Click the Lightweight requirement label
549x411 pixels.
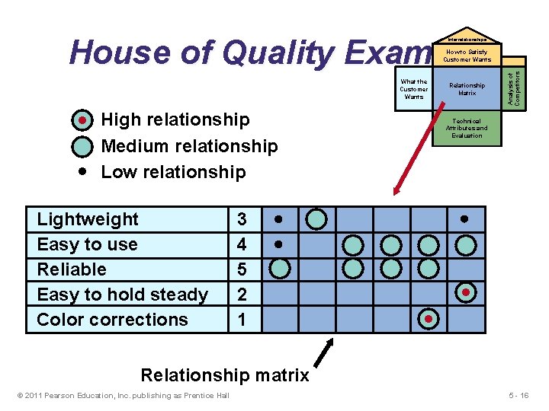88,219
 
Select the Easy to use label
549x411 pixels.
87,244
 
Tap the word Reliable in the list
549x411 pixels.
72,269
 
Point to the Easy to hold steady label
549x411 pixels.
122,295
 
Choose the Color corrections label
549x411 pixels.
112,320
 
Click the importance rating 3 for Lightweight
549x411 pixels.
242,219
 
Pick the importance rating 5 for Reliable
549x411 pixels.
242,269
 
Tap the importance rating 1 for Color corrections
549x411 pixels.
242,320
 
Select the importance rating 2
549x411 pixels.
242,295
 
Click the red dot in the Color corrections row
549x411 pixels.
429,319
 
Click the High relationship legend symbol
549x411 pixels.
83,120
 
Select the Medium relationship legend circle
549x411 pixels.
83,146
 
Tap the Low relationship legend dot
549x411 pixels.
83,171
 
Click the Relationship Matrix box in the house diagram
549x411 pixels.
467,89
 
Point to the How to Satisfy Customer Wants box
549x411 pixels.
467,56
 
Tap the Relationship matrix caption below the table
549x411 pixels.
225,375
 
